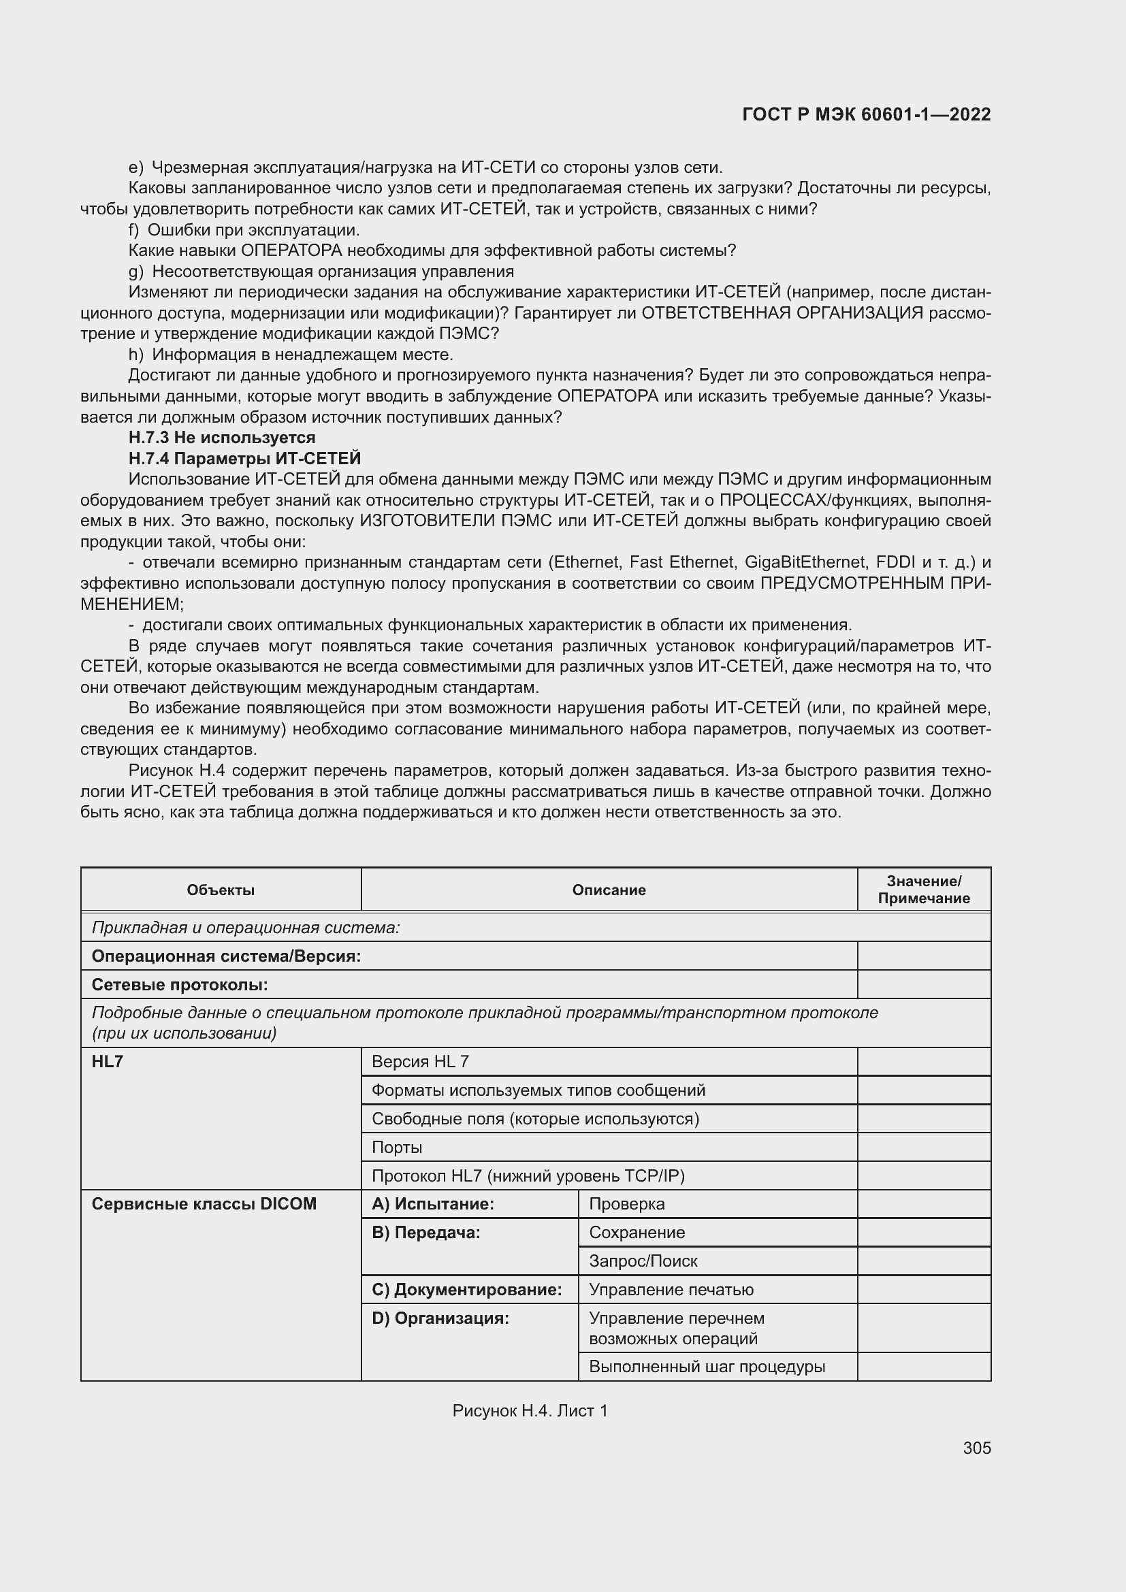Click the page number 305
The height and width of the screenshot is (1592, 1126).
tap(976, 1448)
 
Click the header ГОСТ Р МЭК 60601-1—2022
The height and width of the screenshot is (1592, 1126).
tap(866, 115)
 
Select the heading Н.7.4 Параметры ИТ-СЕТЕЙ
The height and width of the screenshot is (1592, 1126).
tap(244, 458)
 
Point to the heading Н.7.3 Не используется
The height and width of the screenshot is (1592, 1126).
tap(222, 438)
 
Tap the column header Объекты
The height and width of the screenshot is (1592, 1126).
tap(221, 890)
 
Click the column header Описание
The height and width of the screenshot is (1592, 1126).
tap(609, 890)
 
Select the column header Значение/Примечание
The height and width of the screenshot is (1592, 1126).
tap(924, 890)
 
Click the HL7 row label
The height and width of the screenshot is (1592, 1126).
tap(108, 1062)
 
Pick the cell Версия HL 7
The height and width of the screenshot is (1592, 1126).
tap(420, 1062)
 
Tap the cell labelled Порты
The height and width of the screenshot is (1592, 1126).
tap(397, 1147)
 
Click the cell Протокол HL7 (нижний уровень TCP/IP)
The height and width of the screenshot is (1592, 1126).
tap(528, 1176)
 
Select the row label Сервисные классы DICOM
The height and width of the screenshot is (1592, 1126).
tap(204, 1205)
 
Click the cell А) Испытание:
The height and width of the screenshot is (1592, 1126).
tap(433, 1205)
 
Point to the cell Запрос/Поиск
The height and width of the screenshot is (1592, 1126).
tap(643, 1261)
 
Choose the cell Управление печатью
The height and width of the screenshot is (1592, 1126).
tap(671, 1290)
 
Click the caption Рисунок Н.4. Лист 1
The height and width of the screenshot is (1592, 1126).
tap(530, 1410)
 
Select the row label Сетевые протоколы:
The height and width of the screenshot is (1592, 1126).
tap(180, 985)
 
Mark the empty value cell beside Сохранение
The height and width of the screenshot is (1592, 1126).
tap(924, 1233)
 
